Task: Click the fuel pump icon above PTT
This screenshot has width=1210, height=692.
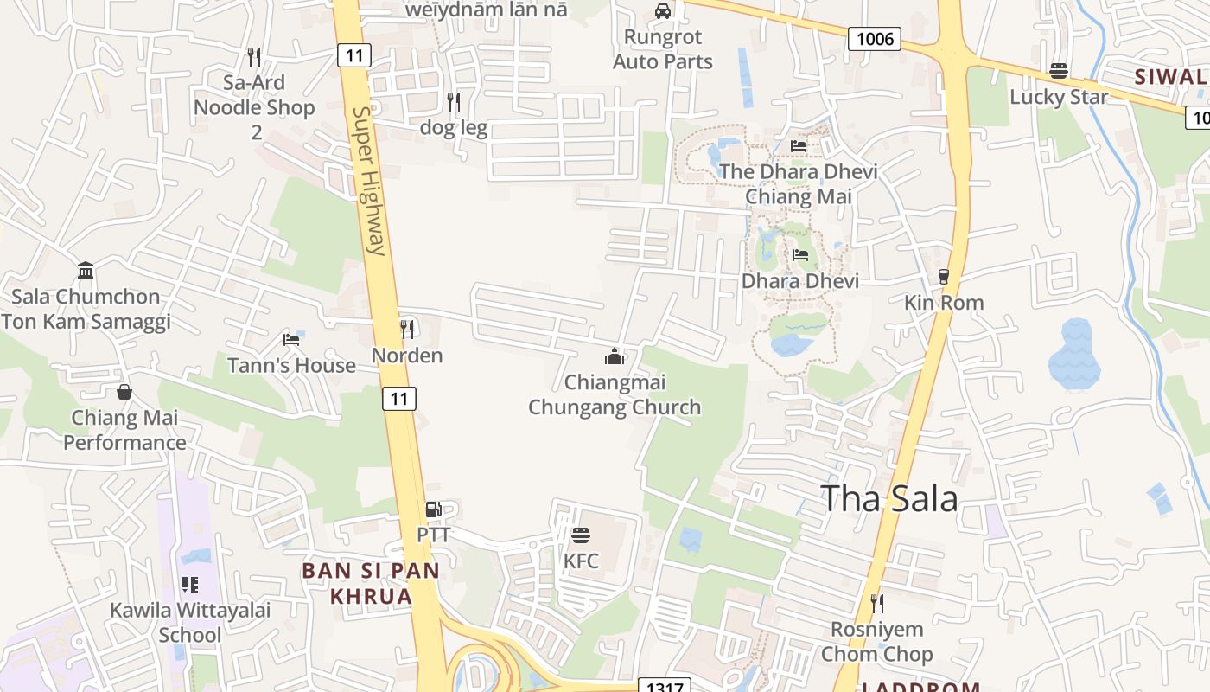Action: click(x=433, y=509)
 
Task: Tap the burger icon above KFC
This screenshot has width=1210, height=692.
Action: click(x=580, y=535)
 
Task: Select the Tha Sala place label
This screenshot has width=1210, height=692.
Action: click(x=888, y=499)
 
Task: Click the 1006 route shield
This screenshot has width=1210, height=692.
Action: click(x=875, y=38)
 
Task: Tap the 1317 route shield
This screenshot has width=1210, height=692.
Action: click(x=665, y=686)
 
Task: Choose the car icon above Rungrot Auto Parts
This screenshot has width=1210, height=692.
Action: click(x=663, y=11)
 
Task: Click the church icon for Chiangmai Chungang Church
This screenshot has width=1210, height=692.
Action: click(x=615, y=356)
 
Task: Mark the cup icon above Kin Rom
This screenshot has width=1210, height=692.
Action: click(x=943, y=277)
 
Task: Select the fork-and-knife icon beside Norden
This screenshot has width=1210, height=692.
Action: click(x=407, y=329)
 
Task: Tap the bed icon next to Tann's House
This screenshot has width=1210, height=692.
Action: click(x=291, y=339)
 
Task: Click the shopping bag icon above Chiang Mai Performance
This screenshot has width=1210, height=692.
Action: click(x=124, y=392)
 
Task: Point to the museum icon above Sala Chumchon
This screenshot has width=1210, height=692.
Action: click(x=86, y=271)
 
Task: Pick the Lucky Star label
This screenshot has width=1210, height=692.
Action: click(x=1059, y=97)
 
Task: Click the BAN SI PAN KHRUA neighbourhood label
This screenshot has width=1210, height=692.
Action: click(x=371, y=583)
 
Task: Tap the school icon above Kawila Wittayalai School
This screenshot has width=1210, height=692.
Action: click(x=189, y=585)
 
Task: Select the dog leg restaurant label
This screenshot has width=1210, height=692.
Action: click(x=454, y=128)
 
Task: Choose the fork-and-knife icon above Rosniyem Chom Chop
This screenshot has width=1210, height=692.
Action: click(x=876, y=603)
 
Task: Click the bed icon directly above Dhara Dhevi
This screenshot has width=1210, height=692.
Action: click(x=800, y=255)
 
